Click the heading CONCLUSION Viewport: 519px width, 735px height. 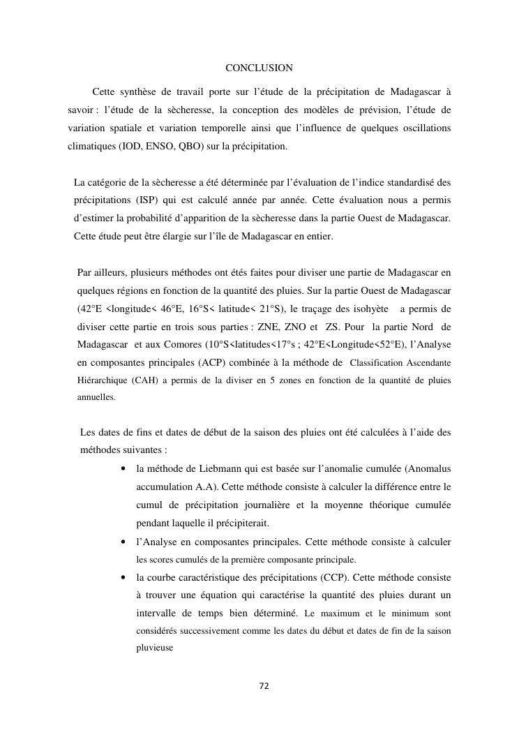(x=259, y=68)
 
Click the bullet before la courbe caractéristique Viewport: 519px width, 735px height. (x=123, y=578)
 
